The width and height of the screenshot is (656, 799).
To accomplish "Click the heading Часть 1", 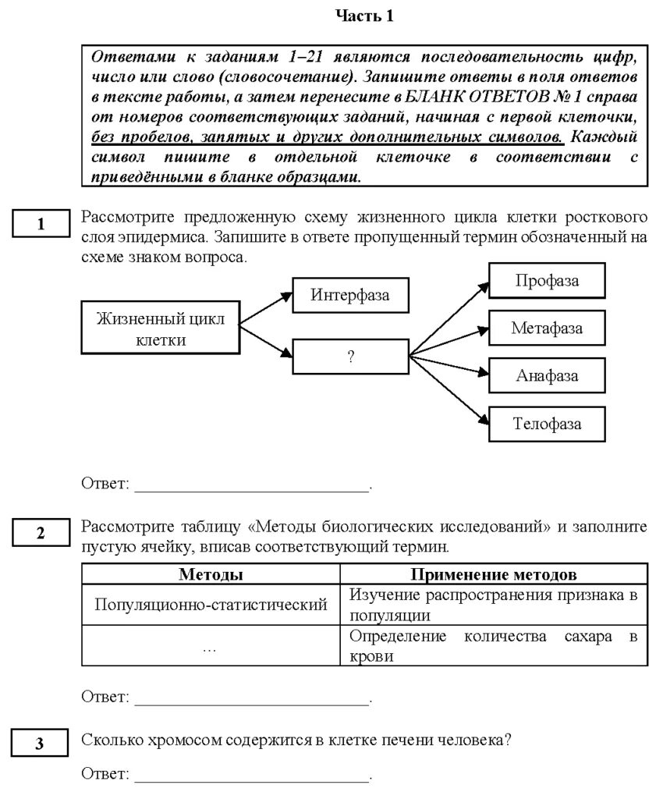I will pos(364,16).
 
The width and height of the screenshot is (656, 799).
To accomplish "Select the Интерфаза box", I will pos(349,296).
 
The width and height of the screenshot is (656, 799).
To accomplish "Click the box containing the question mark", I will pos(350,357).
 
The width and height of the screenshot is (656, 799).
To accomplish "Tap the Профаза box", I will pos(547,281).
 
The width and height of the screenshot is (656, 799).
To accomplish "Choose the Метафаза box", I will pos(547,328).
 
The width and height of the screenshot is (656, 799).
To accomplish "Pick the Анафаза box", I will pos(547,375).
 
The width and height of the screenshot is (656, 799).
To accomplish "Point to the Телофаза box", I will pos(547,424).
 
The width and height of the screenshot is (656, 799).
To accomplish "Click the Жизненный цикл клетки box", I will pos(160,328).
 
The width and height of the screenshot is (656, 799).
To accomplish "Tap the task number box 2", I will pos(41,534).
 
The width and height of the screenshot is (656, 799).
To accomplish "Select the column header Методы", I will pos(211,575).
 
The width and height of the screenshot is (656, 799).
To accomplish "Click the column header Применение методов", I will pos(494,575).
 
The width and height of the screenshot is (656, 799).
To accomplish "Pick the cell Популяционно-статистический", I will pos(211,605).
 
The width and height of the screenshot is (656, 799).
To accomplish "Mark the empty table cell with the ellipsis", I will pos(211,647).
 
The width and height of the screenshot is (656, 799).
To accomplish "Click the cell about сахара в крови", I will pos(494,647).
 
